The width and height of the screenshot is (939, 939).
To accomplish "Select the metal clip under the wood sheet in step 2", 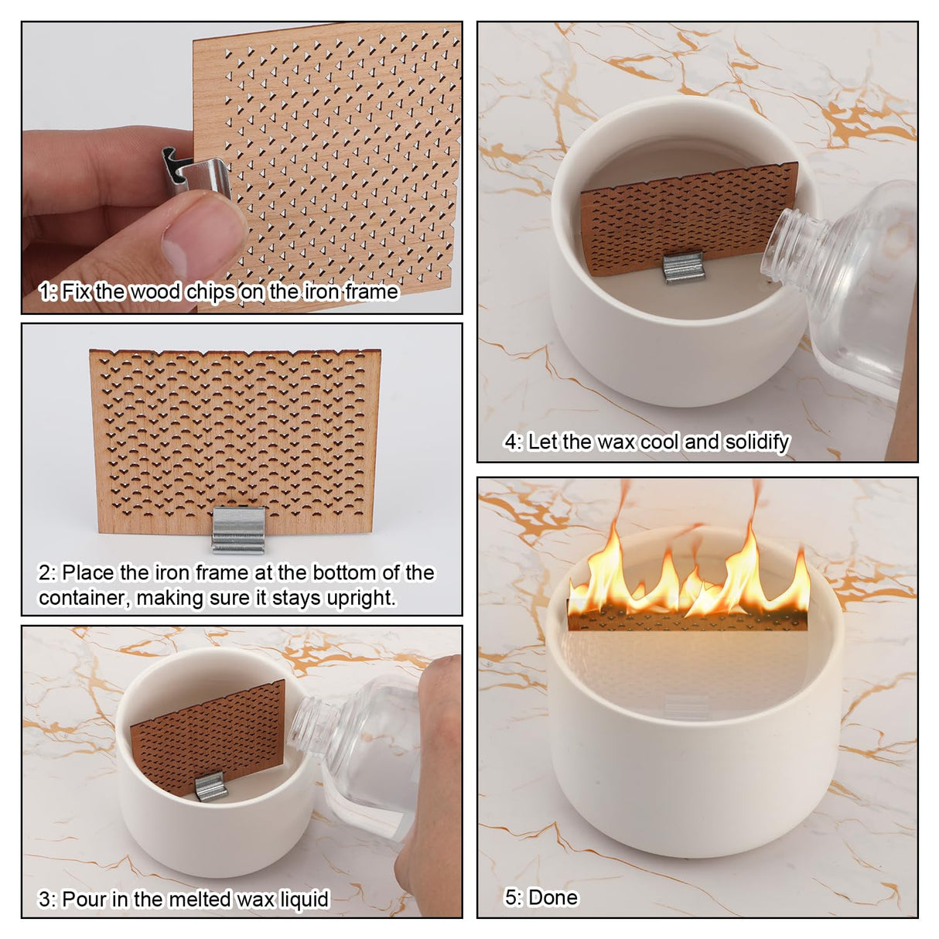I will coord(239,530).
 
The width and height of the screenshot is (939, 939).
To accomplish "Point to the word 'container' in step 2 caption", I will coord(84,598).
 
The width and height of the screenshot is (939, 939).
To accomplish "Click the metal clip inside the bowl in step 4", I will coord(683,268).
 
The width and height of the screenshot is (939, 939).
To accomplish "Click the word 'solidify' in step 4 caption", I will coord(757,442).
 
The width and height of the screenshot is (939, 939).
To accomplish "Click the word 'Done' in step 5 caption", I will coord(553,897).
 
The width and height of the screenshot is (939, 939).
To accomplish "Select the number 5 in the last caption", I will coord(510,897).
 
